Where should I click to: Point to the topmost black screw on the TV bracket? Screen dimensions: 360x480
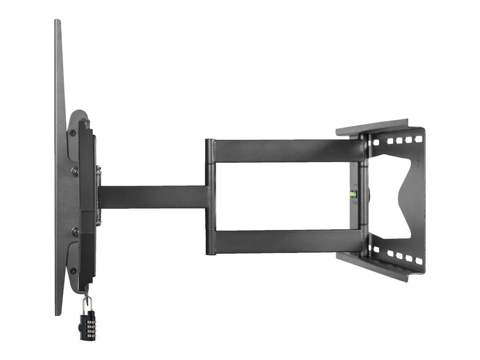(x=72, y=133)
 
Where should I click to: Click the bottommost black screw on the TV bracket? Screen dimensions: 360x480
(x=73, y=271)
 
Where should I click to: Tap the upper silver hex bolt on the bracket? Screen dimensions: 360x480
(x=74, y=171)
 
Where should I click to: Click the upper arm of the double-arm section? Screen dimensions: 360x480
(x=286, y=151)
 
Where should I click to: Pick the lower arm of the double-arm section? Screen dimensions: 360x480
(x=286, y=241)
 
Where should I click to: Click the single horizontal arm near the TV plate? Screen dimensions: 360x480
(x=152, y=197)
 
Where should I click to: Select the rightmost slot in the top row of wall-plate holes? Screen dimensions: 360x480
(x=418, y=139)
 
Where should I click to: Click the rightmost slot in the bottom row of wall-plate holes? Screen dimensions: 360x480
(x=418, y=261)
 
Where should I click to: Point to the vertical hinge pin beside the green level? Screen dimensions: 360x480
(x=364, y=196)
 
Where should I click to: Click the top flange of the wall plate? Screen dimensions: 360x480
(x=372, y=127)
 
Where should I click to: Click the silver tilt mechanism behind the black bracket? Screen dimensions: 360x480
(x=98, y=196)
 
